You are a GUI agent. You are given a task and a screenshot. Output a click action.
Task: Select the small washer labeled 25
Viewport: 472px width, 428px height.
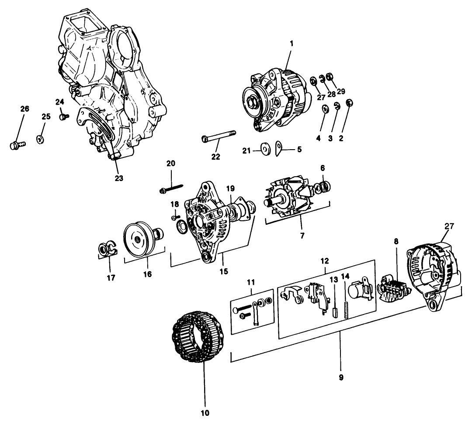point(40,139)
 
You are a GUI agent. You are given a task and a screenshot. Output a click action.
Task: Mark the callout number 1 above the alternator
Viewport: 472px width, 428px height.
point(292,44)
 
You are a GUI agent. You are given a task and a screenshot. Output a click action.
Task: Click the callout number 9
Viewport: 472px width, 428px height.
point(341,376)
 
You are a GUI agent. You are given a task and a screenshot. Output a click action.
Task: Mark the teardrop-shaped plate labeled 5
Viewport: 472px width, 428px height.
point(278,148)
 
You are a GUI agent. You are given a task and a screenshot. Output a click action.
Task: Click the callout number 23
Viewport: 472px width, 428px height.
point(119,178)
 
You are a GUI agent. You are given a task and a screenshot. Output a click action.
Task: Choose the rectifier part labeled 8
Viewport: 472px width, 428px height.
point(392,288)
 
